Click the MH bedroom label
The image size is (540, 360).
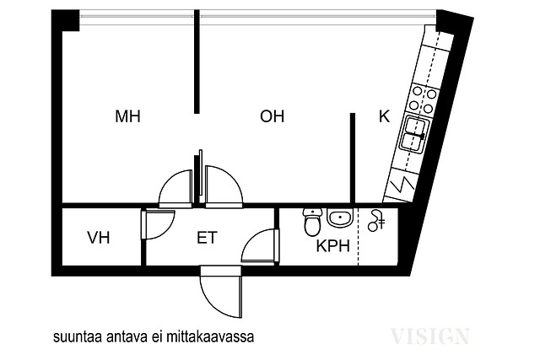127,116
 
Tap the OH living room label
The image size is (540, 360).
272,116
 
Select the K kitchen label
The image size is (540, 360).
385,116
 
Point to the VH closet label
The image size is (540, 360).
99,238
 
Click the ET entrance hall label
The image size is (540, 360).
207,238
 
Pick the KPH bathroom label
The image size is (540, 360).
333,246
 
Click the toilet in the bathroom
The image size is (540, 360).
313,222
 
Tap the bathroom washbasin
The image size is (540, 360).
340,218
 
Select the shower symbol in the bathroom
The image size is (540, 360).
376,221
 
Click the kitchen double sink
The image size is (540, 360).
414,133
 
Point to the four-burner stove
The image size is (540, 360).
423,100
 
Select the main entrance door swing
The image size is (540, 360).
221,292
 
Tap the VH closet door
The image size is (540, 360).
158,224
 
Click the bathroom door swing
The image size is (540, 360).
261,245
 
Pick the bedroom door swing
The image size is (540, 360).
175,189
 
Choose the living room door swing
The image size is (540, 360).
224,187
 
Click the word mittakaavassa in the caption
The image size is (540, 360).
210,336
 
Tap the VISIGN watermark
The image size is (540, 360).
429,336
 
